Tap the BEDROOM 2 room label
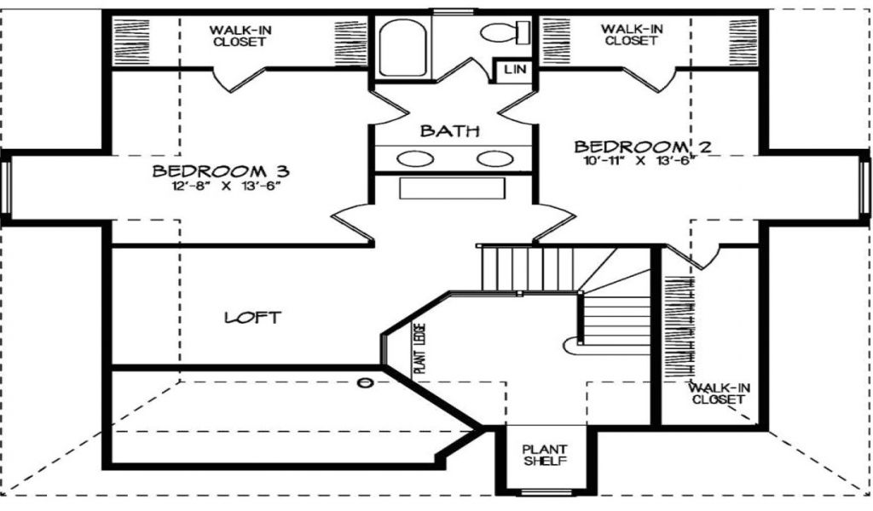(x=642, y=146)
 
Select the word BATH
(x=450, y=131)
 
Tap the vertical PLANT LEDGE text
(x=419, y=350)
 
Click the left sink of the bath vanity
(x=415, y=158)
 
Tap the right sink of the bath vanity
(x=494, y=158)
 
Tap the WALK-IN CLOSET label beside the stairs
(x=720, y=393)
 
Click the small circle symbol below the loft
(x=367, y=382)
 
